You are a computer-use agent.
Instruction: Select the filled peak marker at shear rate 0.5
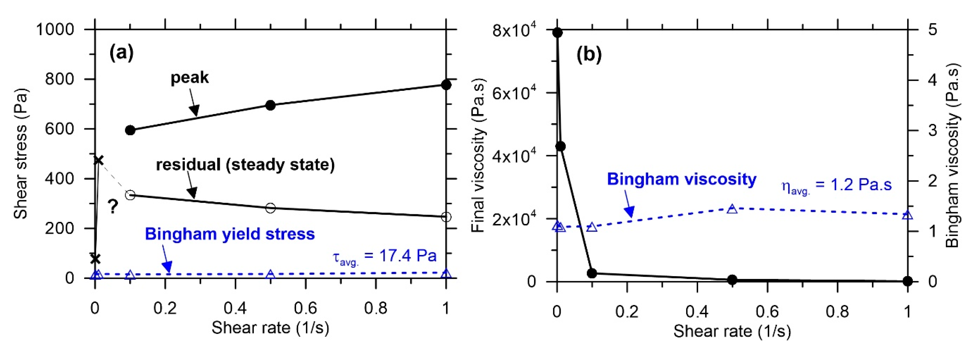[x=270, y=105]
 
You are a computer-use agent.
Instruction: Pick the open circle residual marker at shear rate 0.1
[x=130, y=195]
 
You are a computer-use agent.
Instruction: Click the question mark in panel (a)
[x=113, y=207]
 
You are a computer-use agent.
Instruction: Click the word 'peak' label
[x=190, y=78]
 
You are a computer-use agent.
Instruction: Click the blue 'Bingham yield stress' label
[x=230, y=234]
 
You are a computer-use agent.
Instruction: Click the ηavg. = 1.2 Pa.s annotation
[x=836, y=186]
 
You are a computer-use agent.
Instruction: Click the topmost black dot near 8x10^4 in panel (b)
[x=557, y=33]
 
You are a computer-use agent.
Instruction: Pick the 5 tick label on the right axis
[x=932, y=29]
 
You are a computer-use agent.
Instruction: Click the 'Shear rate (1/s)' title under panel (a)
[x=270, y=328]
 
